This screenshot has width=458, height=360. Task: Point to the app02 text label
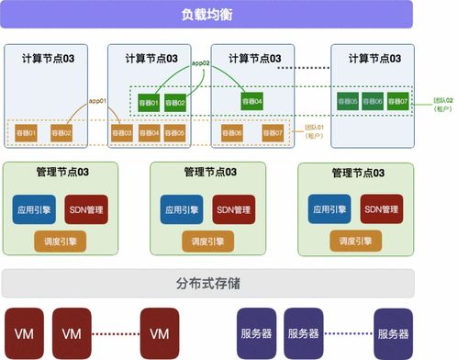pyautogui.click(x=200, y=62)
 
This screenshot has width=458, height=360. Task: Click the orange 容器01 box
pyautogui.click(x=27, y=133)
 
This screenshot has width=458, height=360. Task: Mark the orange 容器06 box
pyautogui.click(x=230, y=133)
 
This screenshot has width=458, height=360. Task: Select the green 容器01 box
pyautogui.click(x=149, y=102)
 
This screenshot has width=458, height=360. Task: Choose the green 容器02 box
pyautogui.click(x=175, y=102)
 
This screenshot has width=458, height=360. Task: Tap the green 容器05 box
pyautogui.click(x=347, y=102)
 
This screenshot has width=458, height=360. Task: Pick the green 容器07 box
pyautogui.click(x=398, y=102)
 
